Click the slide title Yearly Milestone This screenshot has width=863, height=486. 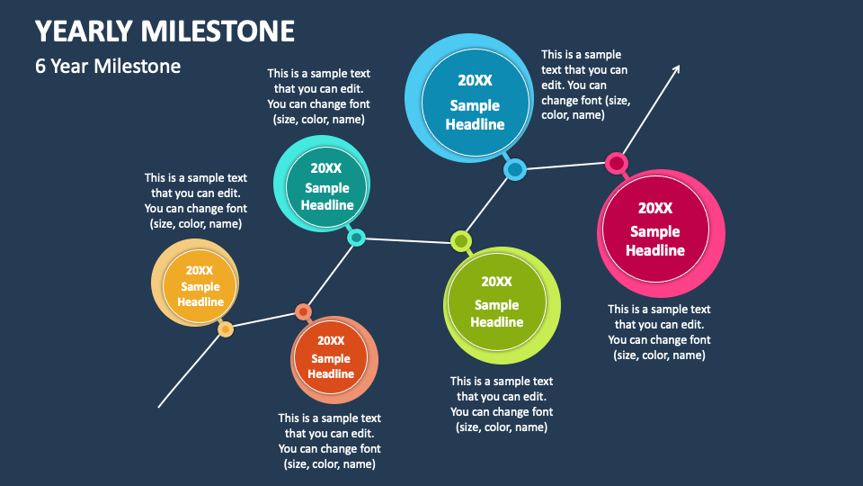165,31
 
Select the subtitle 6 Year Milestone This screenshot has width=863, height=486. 108,66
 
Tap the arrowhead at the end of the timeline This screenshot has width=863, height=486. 677,68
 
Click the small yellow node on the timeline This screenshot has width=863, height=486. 226,329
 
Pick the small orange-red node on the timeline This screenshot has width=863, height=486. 303,312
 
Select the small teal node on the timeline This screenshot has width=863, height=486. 356,238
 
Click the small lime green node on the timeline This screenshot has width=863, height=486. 461,241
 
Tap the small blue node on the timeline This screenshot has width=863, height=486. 514,169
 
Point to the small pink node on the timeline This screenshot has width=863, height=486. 616,163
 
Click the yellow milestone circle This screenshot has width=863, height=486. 200,286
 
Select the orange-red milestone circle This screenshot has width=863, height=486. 331,357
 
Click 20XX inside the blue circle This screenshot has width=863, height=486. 475,80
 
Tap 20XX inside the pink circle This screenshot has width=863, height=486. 655,208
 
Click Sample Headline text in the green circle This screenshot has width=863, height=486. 496,313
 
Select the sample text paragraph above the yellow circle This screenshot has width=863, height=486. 195,201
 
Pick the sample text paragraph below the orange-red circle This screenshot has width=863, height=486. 329,441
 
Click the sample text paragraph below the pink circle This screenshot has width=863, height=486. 659,332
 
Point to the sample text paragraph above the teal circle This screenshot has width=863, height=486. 318,96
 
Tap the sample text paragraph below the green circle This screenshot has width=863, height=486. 502,404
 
